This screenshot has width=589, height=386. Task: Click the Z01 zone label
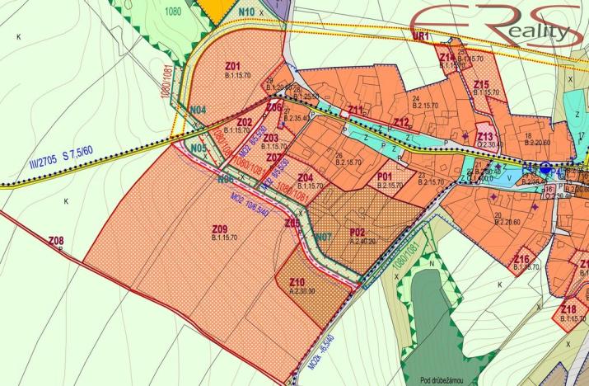[x=232, y=65]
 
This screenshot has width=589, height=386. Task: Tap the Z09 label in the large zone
[x=219, y=228]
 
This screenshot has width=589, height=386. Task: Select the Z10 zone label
[x=297, y=282]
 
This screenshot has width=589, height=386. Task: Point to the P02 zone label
[x=358, y=233]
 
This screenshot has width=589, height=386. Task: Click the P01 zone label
[x=384, y=177]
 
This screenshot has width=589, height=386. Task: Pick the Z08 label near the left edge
[x=56, y=241]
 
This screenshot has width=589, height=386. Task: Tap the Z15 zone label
[x=482, y=84]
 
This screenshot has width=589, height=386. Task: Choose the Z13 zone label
[x=486, y=136]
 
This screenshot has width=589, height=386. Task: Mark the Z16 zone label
[x=521, y=259]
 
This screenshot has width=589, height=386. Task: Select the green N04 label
[x=198, y=111]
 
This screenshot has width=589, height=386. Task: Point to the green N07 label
[x=324, y=237]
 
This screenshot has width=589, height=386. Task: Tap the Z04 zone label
[x=304, y=177]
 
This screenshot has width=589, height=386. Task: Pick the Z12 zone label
[x=401, y=123]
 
